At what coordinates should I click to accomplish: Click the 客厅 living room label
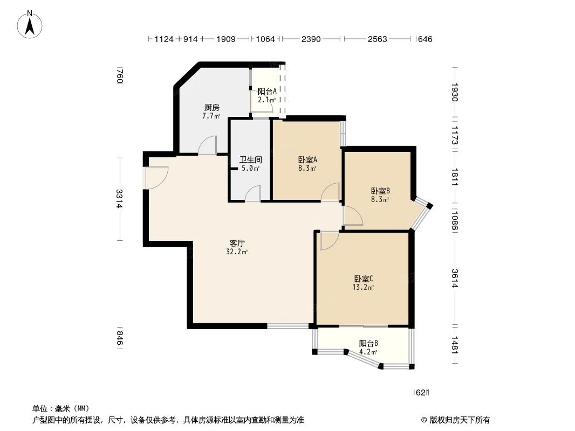click(237, 247)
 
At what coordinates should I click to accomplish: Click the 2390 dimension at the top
click(311, 39)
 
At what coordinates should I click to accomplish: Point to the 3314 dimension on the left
click(120, 199)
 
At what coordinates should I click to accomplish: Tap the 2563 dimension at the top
click(377, 39)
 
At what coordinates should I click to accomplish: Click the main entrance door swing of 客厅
click(156, 177)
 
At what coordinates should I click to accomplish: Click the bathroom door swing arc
click(253, 194)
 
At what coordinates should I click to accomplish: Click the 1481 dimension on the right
click(455, 345)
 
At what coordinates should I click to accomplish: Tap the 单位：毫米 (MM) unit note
click(60, 408)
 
